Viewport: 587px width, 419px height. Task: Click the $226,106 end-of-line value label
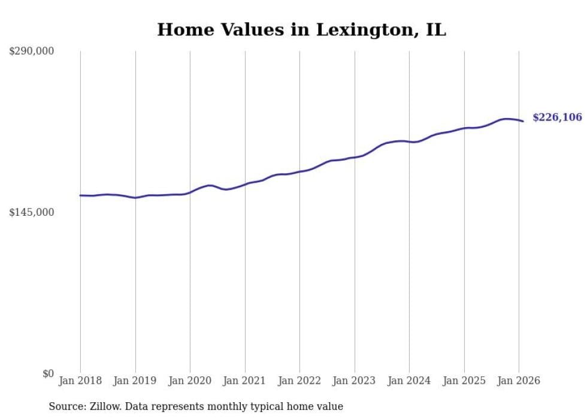click(x=556, y=117)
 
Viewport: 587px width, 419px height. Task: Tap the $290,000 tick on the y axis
click(x=31, y=52)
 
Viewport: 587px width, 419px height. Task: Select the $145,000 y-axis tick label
click(x=31, y=212)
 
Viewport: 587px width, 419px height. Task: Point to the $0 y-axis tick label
click(x=48, y=373)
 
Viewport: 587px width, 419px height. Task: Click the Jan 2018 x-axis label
click(x=80, y=381)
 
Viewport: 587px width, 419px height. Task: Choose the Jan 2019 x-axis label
click(x=135, y=381)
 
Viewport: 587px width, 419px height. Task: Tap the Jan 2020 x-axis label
click(x=190, y=381)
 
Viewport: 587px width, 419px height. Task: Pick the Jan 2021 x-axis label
click(x=245, y=381)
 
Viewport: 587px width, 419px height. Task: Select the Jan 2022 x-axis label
click(x=299, y=381)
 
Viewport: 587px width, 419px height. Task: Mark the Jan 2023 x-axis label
click(x=355, y=381)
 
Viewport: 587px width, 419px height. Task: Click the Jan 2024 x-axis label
click(x=409, y=381)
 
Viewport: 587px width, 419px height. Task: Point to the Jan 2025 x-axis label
click(x=464, y=381)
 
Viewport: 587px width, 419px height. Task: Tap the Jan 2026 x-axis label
click(x=519, y=381)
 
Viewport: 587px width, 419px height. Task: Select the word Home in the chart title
click(x=180, y=30)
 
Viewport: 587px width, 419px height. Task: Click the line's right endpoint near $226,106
click(x=523, y=122)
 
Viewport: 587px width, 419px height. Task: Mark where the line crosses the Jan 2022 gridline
click(x=299, y=171)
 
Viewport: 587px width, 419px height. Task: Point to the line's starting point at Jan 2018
click(x=80, y=195)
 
